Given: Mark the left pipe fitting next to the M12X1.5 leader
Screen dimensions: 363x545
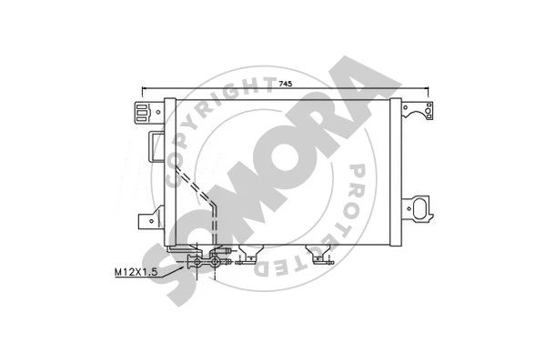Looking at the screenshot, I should click(194, 263).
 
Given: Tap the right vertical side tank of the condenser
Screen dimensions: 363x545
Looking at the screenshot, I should click(394, 173).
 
